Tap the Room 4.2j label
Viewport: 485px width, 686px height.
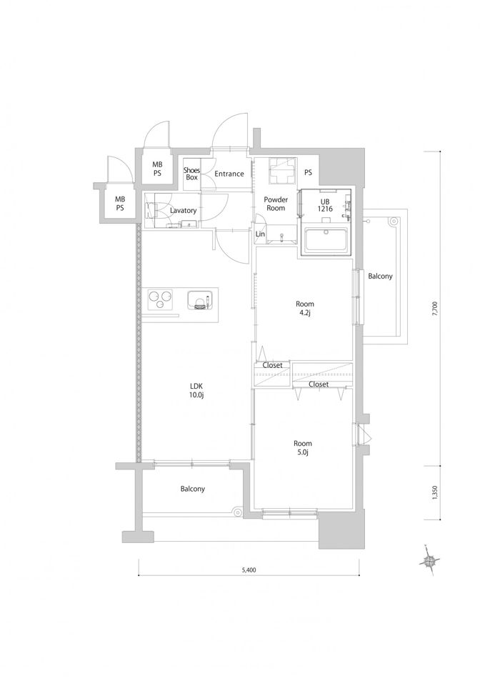point(305,308)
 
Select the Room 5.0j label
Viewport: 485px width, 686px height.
point(303,447)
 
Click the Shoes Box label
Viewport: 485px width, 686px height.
point(191,174)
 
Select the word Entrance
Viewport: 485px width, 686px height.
point(229,174)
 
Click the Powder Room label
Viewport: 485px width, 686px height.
point(276,204)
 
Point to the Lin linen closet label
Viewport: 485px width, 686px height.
point(260,234)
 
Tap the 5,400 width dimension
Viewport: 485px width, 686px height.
point(249,570)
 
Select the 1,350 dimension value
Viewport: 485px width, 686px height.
point(434,492)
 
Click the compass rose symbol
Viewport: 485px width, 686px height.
point(429,561)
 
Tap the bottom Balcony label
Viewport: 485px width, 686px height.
point(192,489)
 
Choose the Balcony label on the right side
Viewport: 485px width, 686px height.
point(380,276)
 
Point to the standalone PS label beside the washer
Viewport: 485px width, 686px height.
point(308,173)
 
